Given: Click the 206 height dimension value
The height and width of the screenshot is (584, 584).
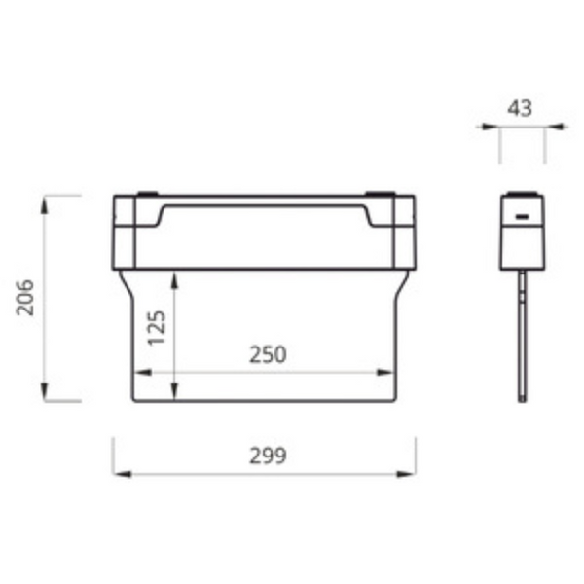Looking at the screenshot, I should click(x=26, y=297).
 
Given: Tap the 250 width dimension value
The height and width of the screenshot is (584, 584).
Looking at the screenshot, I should click(x=268, y=355).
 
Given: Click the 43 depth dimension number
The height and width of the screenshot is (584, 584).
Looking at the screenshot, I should click(x=521, y=108).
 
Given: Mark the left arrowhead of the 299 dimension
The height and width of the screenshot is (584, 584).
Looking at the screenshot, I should click(x=119, y=474).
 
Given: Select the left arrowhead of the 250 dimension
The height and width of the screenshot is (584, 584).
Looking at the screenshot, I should click(x=139, y=372).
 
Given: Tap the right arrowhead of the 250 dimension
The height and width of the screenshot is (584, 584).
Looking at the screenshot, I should click(x=388, y=372).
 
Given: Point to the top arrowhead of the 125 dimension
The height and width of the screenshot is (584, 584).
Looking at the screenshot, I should click(x=173, y=278).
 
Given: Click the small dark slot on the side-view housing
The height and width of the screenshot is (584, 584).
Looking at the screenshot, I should click(x=522, y=216).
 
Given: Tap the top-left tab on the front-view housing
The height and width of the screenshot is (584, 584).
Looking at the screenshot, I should click(x=146, y=193).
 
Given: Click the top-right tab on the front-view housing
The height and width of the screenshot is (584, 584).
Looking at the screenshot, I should click(x=381, y=193).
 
